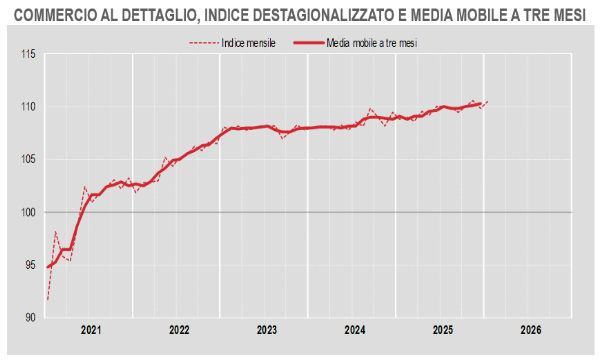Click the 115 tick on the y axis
pyautogui.click(x=27, y=54)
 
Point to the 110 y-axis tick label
pyautogui.click(x=27, y=107)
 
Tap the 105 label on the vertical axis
pyautogui.click(x=27, y=159)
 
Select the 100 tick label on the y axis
pyautogui.click(x=27, y=212)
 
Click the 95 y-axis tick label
pyautogui.click(x=29, y=265)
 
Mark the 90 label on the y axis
pyautogui.click(x=29, y=318)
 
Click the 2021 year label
pyautogui.click(x=91, y=330)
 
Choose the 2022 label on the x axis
pyautogui.click(x=179, y=330)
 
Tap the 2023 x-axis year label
pyautogui.click(x=267, y=330)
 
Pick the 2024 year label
pyautogui.click(x=355, y=330)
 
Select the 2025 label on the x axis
pyautogui.click(x=443, y=330)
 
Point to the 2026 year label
pyautogui.click(x=531, y=330)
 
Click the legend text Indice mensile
pyautogui.click(x=249, y=44)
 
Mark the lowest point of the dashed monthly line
pyautogui.click(x=48, y=299)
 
